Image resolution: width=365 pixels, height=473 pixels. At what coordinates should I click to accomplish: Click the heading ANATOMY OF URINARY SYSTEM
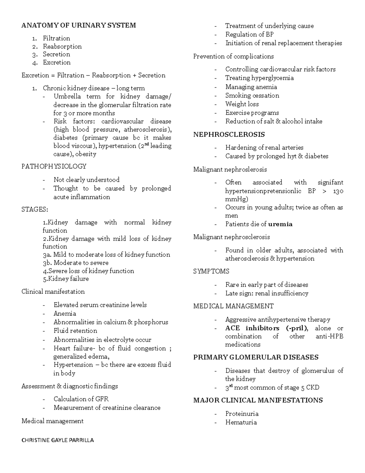point(78,25)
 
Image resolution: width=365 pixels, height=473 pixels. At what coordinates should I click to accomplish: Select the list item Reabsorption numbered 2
point(62,46)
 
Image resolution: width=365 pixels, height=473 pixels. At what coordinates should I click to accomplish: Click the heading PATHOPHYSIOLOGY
point(54,166)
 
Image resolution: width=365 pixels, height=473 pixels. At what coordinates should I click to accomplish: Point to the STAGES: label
point(35,210)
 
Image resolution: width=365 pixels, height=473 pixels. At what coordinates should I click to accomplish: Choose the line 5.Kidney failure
point(66,279)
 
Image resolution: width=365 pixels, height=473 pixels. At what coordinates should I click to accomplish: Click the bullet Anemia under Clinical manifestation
point(64,313)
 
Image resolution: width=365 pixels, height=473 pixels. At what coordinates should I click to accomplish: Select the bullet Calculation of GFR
point(81,399)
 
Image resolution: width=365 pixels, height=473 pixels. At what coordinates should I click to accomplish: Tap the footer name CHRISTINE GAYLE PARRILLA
point(57,440)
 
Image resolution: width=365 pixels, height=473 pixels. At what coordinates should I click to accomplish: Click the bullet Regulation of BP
point(249,34)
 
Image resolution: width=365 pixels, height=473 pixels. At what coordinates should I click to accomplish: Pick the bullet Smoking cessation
point(252,95)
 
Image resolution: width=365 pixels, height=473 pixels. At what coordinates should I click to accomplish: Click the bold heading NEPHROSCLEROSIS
point(229,134)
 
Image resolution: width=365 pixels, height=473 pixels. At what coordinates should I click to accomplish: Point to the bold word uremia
point(280,224)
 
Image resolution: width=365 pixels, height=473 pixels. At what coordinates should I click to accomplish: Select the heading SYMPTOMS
point(211,271)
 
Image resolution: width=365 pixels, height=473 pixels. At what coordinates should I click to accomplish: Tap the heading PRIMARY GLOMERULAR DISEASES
point(256,357)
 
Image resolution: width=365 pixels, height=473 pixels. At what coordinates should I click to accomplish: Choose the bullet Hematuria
point(241,422)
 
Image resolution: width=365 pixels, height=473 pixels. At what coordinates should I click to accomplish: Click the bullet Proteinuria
point(242,414)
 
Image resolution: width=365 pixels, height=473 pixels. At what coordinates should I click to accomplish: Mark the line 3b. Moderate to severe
point(75,263)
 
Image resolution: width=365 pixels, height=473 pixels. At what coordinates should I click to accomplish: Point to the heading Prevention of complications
point(233,56)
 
